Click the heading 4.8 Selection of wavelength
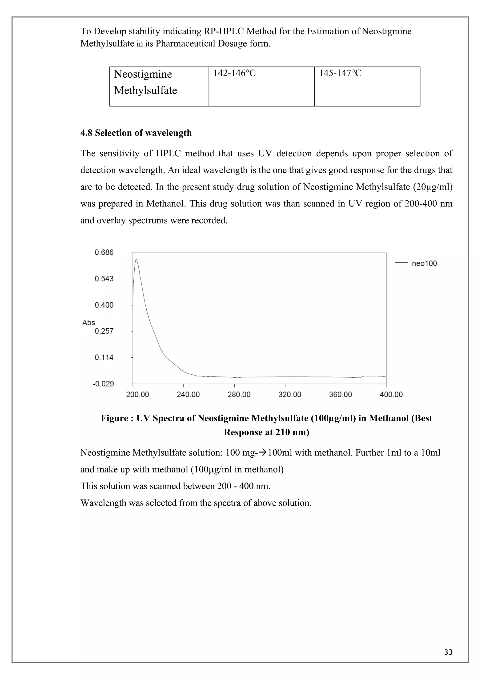click(x=136, y=133)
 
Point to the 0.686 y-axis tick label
click(x=104, y=252)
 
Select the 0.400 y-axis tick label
click(x=104, y=305)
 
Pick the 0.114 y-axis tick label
click(x=104, y=357)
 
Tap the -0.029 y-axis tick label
click(x=103, y=384)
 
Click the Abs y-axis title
click(x=88, y=323)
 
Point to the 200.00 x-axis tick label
click(x=137, y=395)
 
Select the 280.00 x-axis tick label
click(x=239, y=395)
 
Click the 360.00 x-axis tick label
click(x=340, y=395)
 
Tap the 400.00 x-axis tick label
click(x=391, y=395)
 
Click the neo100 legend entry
click(x=424, y=263)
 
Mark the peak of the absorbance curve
click(x=136, y=259)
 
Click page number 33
click(x=448, y=652)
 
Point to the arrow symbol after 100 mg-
click(x=263, y=453)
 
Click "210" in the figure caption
click(x=283, y=432)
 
